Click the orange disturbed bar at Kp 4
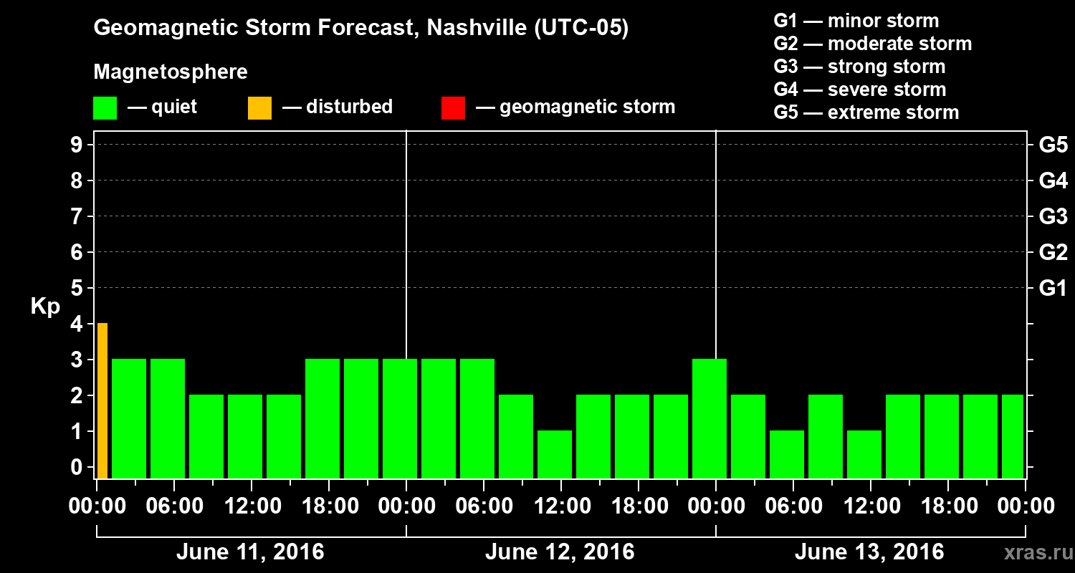click(x=102, y=400)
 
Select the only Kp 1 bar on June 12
click(x=555, y=454)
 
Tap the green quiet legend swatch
click(x=105, y=108)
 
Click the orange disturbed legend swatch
click(x=259, y=108)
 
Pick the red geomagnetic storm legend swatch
click(x=453, y=108)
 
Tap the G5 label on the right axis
click(x=1053, y=145)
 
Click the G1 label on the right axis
click(x=1053, y=289)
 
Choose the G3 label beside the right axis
click(x=1053, y=217)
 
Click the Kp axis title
click(x=45, y=307)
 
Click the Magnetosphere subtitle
click(x=171, y=72)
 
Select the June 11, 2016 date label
click(x=250, y=552)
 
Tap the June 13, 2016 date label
click(x=869, y=552)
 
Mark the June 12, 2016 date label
click(x=560, y=552)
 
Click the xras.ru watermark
click(x=1034, y=552)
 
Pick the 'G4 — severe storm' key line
click(x=859, y=90)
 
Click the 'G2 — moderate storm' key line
click(x=872, y=44)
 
